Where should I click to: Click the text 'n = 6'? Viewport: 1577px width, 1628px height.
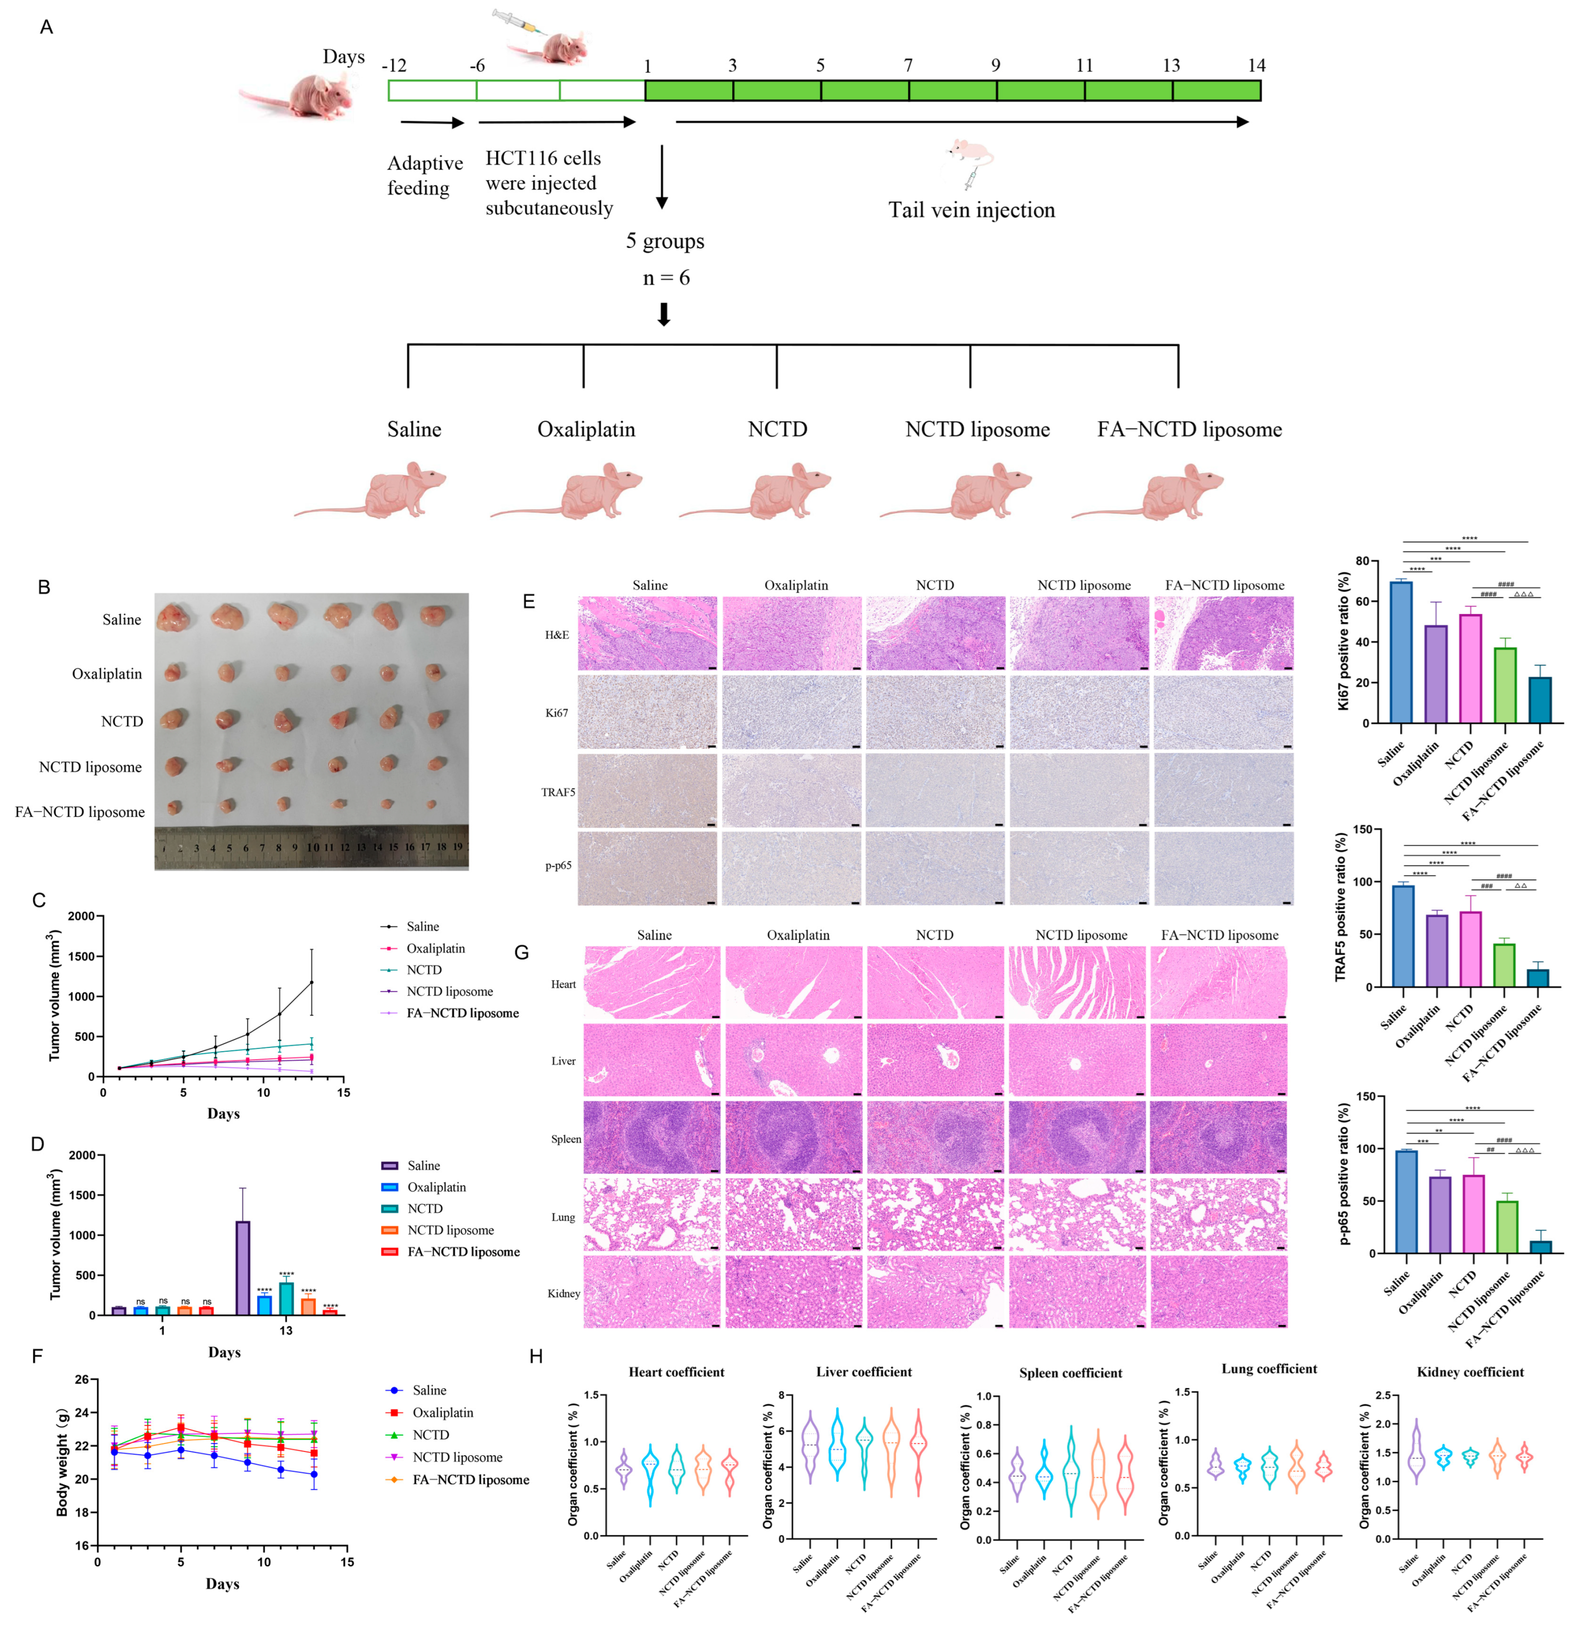click(666, 277)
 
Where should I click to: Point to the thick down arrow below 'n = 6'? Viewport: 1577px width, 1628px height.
click(663, 315)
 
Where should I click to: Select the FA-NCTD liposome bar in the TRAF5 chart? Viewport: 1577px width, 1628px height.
click(1537, 977)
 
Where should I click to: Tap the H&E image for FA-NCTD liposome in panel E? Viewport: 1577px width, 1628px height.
click(1223, 633)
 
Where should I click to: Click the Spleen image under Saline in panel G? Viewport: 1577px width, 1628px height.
click(652, 1137)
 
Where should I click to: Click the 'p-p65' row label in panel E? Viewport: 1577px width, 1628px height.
click(558, 865)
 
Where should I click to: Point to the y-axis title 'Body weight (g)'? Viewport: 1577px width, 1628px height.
click(62, 1462)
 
